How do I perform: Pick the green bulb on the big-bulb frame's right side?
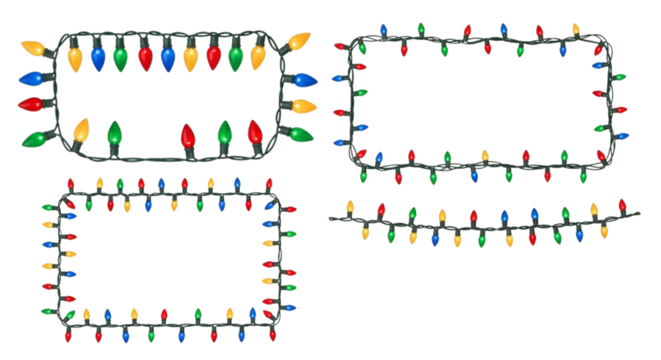[x=298, y=133]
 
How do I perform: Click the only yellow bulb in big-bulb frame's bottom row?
[x=81, y=130]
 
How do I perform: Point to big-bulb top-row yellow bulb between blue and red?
[x=191, y=56]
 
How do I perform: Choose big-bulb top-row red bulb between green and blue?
[x=144, y=56]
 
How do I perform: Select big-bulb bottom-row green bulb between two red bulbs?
[x=224, y=132]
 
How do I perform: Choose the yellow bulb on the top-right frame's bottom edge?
[x=485, y=156]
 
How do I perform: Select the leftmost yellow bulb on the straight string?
[x=349, y=207]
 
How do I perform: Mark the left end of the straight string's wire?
[x=330, y=217]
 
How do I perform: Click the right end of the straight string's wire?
[x=640, y=212]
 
